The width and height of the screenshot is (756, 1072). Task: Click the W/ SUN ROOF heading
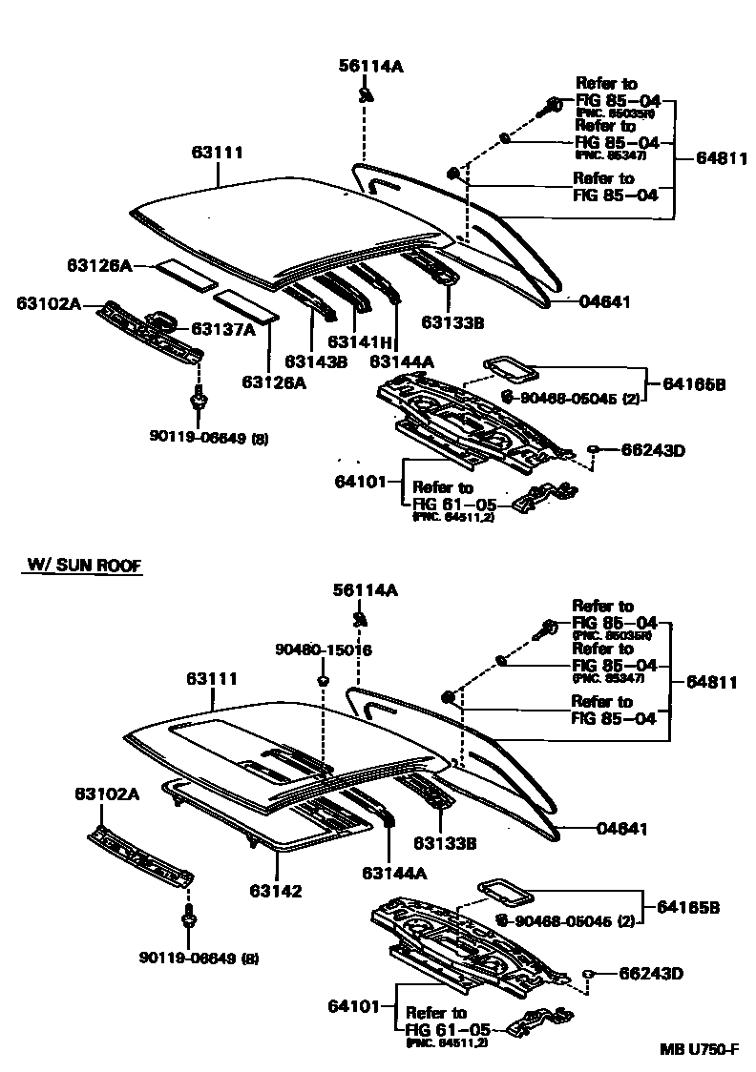82,567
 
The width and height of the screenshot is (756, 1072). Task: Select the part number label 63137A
223,329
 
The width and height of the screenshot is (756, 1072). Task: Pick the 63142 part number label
277,891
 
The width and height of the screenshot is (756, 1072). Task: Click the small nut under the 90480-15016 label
323,680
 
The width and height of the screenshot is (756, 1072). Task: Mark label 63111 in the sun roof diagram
212,678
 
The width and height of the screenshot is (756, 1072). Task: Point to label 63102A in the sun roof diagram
107,794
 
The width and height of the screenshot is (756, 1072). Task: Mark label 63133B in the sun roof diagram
444,842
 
